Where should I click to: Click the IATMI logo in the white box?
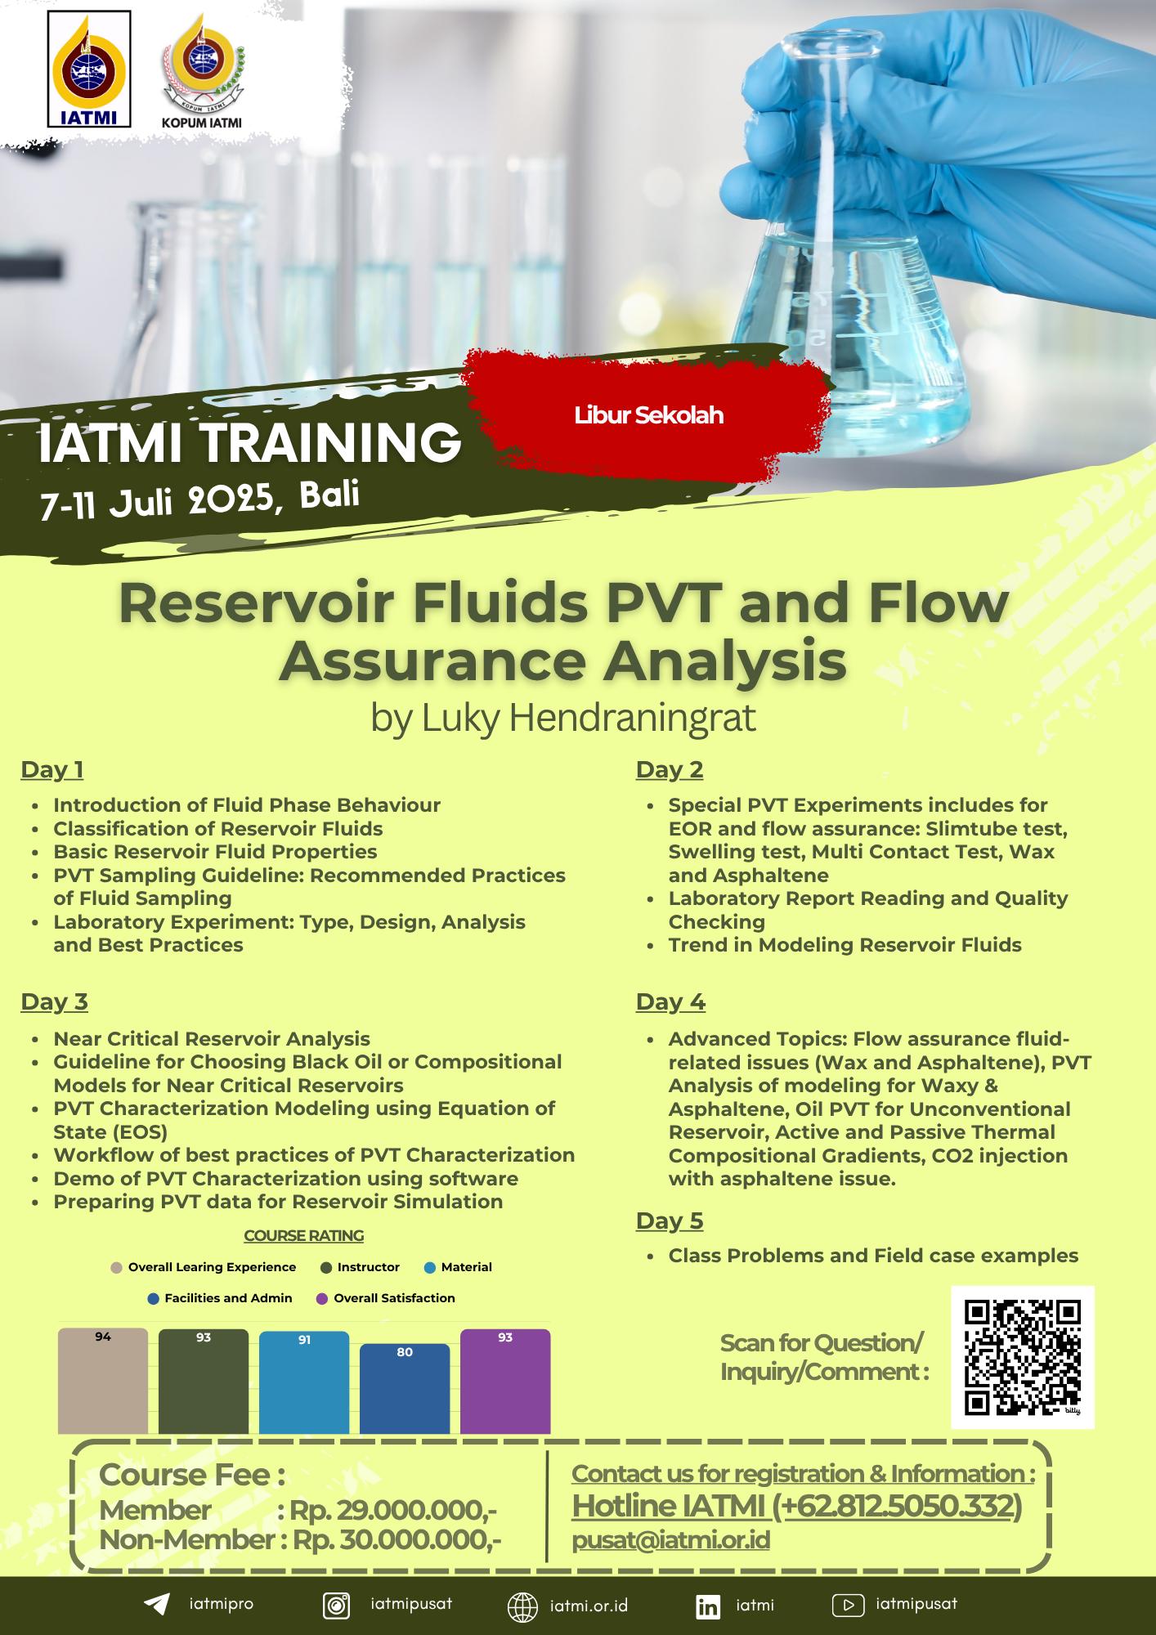pyautogui.click(x=90, y=69)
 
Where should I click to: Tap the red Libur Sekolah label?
pyautogui.click(x=648, y=415)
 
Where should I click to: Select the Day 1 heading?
pyautogui.click(x=52, y=769)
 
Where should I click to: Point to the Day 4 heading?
pyautogui.click(x=670, y=1001)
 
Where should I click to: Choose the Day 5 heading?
pyautogui.click(x=670, y=1221)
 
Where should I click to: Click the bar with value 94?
pyautogui.click(x=103, y=1381)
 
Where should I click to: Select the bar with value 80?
pyautogui.click(x=405, y=1388)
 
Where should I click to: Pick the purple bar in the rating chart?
pyautogui.click(x=505, y=1382)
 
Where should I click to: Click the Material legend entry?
pyautogui.click(x=459, y=1267)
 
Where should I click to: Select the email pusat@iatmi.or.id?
pyautogui.click(x=670, y=1540)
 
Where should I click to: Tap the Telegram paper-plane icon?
pyautogui.click(x=157, y=1604)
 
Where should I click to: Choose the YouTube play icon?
pyautogui.click(x=848, y=1606)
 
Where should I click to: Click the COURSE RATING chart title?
pyautogui.click(x=304, y=1236)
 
